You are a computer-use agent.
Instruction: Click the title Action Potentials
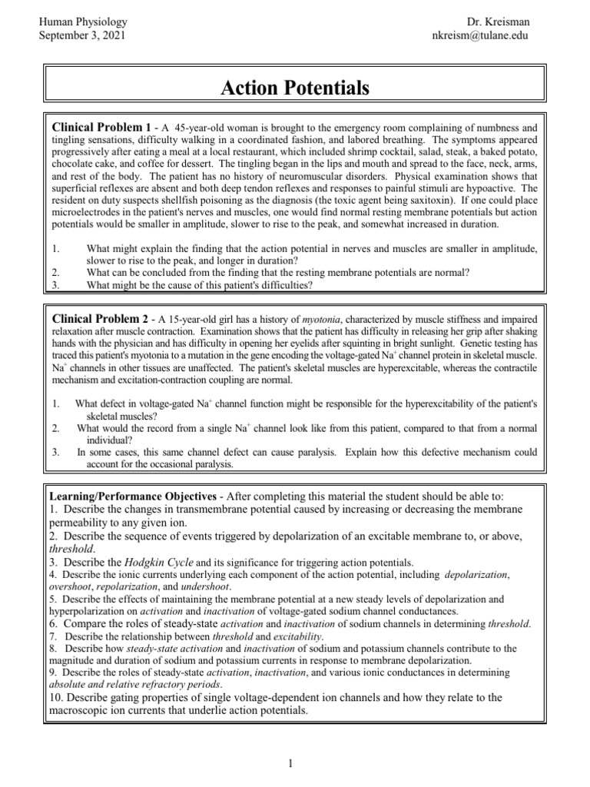coord(295,88)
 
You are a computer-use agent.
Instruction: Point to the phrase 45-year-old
coord(203,126)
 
